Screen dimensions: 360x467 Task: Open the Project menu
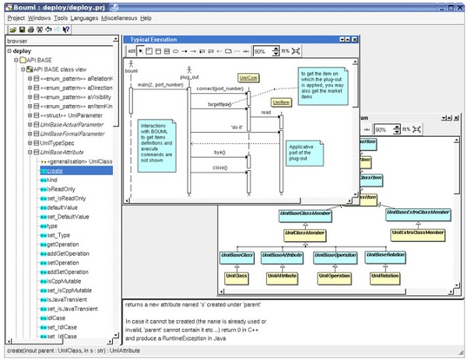tap(16, 17)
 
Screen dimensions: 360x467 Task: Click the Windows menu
tap(40, 17)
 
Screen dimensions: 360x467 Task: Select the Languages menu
tap(84, 17)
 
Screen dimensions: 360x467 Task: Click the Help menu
tap(146, 17)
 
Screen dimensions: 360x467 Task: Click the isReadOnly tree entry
tap(61, 189)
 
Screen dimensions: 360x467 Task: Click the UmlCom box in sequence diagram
tap(248, 79)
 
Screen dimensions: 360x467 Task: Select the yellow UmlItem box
tap(280, 102)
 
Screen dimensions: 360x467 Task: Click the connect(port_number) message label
tap(220, 89)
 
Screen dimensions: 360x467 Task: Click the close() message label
tap(219, 168)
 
